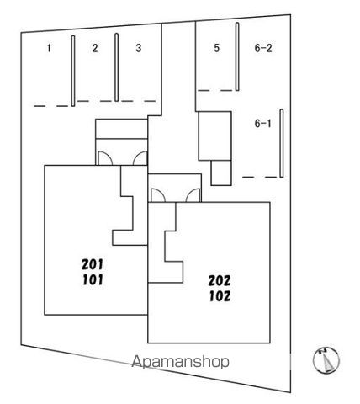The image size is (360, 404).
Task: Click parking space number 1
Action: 49,48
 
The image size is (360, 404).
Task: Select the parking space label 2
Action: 95,48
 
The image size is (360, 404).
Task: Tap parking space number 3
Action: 139,48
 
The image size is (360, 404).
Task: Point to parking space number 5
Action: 216,48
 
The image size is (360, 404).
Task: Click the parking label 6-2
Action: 263,48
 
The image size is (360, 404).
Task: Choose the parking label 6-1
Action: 262,124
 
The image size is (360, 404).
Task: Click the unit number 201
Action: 93,264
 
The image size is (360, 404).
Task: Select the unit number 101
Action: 93,280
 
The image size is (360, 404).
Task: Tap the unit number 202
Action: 220,280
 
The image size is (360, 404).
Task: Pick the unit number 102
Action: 220,296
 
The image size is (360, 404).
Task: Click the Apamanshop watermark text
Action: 180,362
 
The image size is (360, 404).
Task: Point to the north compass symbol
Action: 326,360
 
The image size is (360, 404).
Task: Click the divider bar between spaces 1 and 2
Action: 73,71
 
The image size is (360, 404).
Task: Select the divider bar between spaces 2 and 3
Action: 117,67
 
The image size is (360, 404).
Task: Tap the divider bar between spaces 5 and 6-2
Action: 237,56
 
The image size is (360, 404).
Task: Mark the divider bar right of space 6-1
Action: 282,143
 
